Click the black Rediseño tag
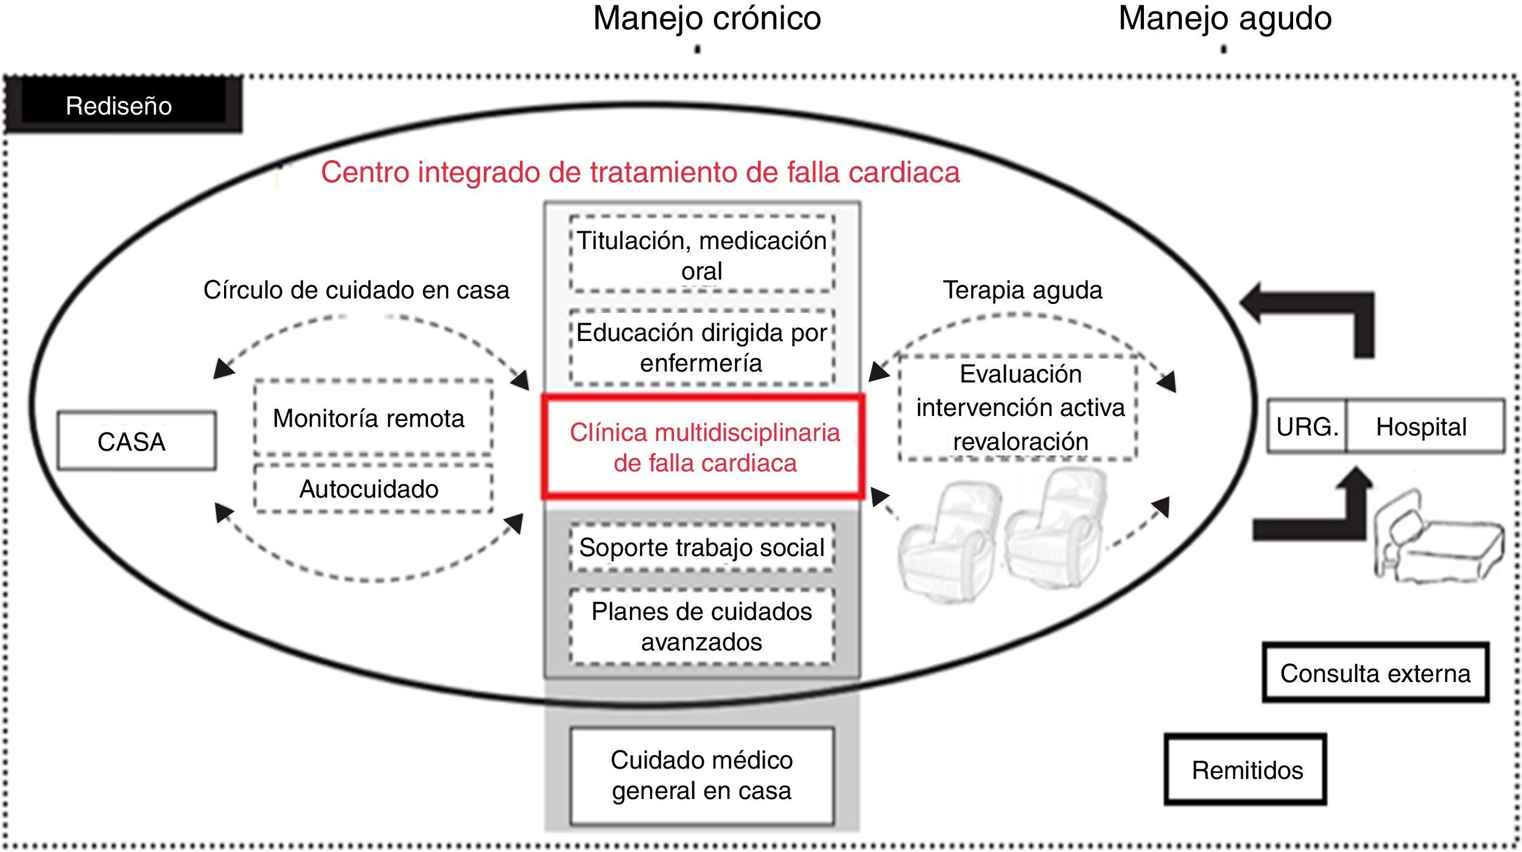[122, 105]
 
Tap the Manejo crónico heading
[707, 18]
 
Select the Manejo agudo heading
[1224, 18]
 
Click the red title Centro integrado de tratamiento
[640, 172]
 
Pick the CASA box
[136, 441]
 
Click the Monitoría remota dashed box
[373, 418]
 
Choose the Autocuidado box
[373, 488]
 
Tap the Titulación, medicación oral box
[701, 255]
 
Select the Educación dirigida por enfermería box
[701, 347]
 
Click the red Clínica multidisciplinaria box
[704, 448]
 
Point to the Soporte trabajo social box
[701, 547]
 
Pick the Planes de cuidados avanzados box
[701, 626]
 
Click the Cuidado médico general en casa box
[701, 775]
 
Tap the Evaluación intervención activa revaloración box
[1019, 407]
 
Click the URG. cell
[1306, 426]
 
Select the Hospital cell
[1423, 426]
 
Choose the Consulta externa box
[1375, 672]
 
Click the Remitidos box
[1246, 769]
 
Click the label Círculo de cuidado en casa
[356, 290]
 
